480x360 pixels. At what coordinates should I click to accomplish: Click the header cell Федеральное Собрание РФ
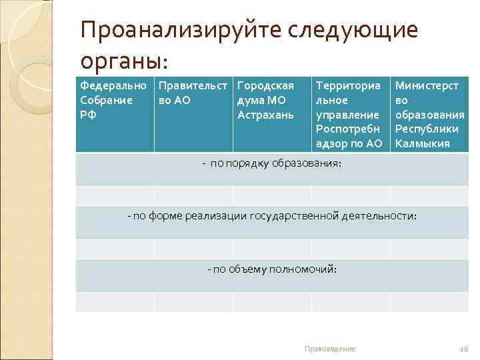[x=114, y=100]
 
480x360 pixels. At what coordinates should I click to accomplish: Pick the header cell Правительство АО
[x=193, y=93]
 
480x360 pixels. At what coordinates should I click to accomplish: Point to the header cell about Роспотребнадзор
[x=349, y=115]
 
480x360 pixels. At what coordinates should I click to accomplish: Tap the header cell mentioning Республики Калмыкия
[x=429, y=115]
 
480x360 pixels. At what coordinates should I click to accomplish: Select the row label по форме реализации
[x=272, y=216]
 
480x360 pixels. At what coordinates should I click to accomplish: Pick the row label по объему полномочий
[x=272, y=269]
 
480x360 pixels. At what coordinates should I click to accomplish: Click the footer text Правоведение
[x=329, y=349]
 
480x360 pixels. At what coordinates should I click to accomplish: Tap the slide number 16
[x=465, y=349]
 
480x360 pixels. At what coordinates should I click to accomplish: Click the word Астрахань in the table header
[x=265, y=115]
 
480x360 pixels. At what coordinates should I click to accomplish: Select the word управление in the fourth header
[x=347, y=115]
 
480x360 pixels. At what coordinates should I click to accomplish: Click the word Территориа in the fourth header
[x=348, y=86]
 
